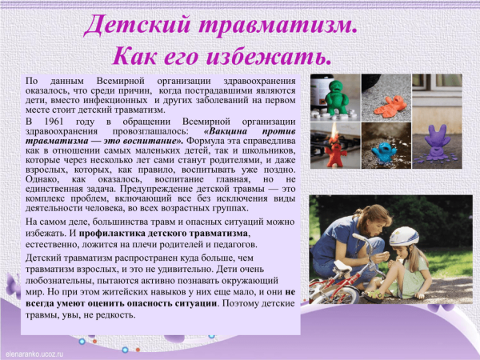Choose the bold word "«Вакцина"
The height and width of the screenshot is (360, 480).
pyautogui.click(x=233, y=130)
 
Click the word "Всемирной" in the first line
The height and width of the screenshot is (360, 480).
pyautogui.click(x=126, y=82)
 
